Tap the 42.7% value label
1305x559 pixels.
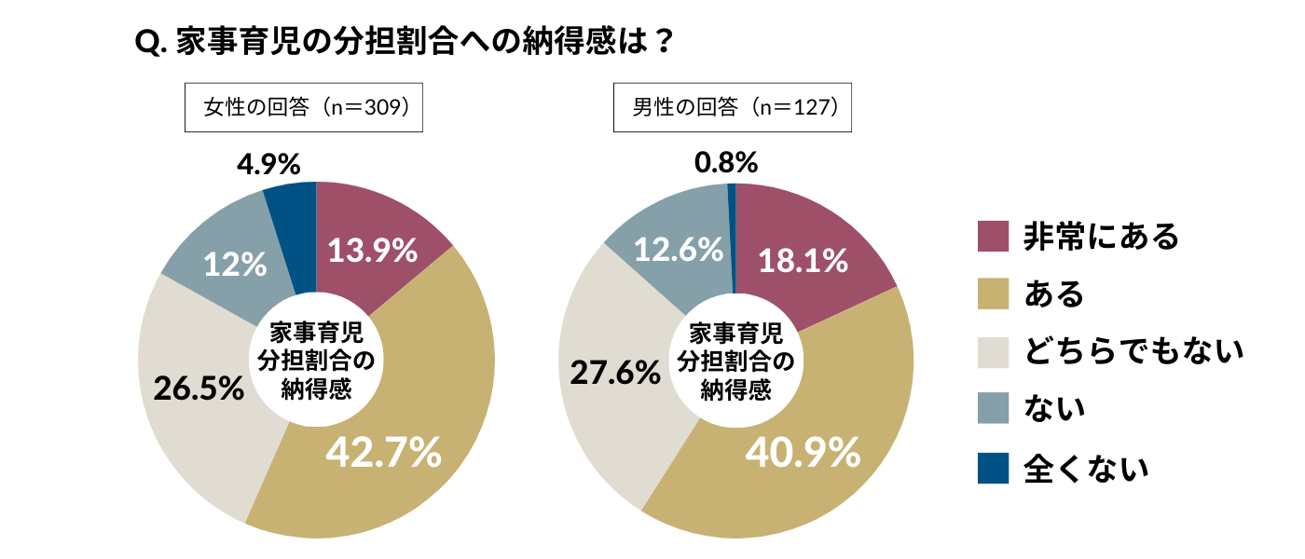point(383,453)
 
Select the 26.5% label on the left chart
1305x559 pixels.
point(199,389)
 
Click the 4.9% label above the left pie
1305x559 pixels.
point(268,165)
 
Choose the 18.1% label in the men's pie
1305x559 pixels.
point(803,261)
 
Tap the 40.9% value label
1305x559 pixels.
point(803,453)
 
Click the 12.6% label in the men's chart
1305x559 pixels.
point(679,249)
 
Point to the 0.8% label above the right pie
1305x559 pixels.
point(726,163)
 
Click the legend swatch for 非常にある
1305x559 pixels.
point(993,237)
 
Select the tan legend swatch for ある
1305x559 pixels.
point(993,294)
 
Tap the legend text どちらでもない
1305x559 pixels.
point(1133,352)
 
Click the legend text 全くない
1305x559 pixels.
point(1086,468)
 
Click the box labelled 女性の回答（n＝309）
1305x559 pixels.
point(305,108)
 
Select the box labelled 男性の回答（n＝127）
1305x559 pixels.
point(732,108)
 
